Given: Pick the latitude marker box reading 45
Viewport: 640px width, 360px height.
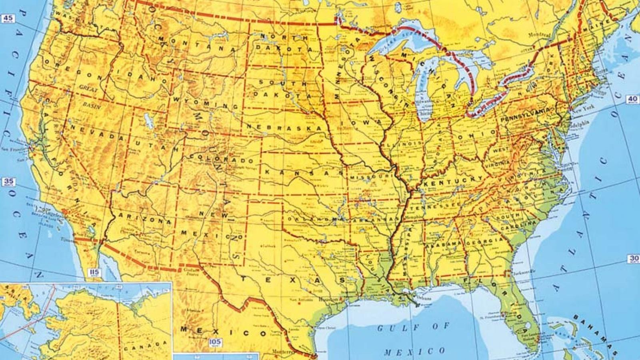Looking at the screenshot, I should click(x=8, y=18).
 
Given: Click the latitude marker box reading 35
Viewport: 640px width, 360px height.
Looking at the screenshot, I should click(x=8, y=182).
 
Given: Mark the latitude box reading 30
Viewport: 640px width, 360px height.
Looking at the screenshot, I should click(x=634, y=259).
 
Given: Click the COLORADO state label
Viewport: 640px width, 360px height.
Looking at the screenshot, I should click(x=222, y=158).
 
